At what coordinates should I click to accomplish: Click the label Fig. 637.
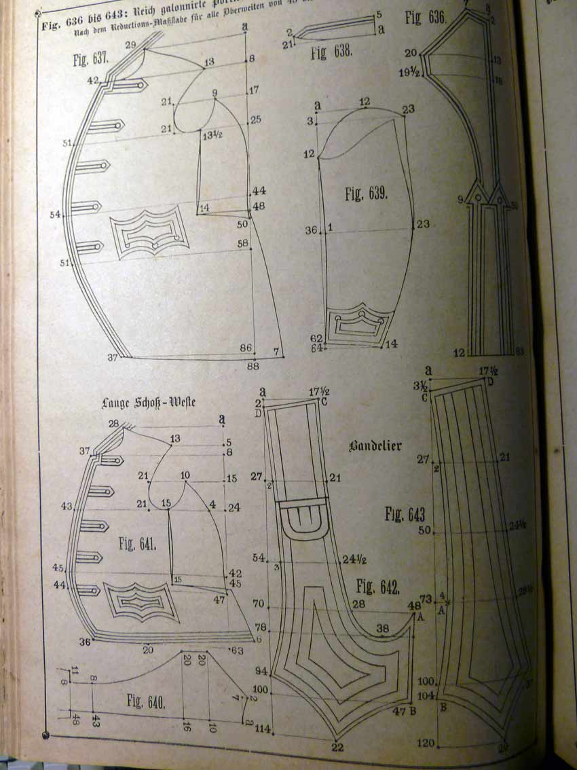pyautogui.click(x=91, y=60)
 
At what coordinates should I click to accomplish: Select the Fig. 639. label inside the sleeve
pyautogui.click(x=366, y=195)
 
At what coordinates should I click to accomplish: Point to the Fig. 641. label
pyautogui.click(x=138, y=543)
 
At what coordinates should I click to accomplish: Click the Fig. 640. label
pyautogui.click(x=145, y=701)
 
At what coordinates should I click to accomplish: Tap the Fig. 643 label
pyautogui.click(x=406, y=514)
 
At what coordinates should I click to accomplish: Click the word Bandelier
pyautogui.click(x=375, y=446)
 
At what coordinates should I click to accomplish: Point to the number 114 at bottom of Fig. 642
pyautogui.click(x=263, y=730)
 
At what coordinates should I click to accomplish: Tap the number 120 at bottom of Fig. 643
pyautogui.click(x=426, y=744)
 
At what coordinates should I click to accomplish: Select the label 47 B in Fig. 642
pyautogui.click(x=405, y=711)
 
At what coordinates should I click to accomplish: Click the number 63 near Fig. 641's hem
pyautogui.click(x=238, y=650)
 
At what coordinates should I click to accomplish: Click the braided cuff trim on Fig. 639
pyautogui.click(x=359, y=328)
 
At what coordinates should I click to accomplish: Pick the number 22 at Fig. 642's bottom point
pyautogui.click(x=337, y=748)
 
